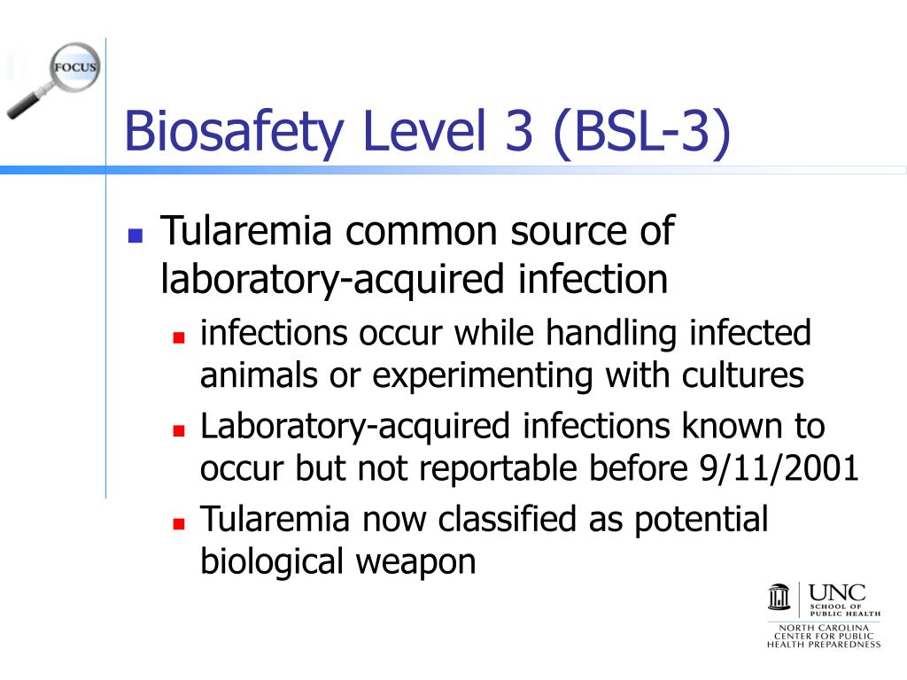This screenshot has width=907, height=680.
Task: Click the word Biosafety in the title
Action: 233,131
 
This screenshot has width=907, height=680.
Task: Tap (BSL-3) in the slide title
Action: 643,131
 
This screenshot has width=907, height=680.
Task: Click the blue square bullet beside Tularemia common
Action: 136,236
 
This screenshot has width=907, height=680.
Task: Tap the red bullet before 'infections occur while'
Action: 178,338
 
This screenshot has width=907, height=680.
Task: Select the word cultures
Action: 742,375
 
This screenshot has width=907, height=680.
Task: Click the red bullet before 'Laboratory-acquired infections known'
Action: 178,431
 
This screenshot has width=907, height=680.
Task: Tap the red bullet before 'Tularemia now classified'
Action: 178,523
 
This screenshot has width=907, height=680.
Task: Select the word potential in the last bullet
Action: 701,519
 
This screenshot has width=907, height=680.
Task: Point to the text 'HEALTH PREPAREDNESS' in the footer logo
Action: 824,644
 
